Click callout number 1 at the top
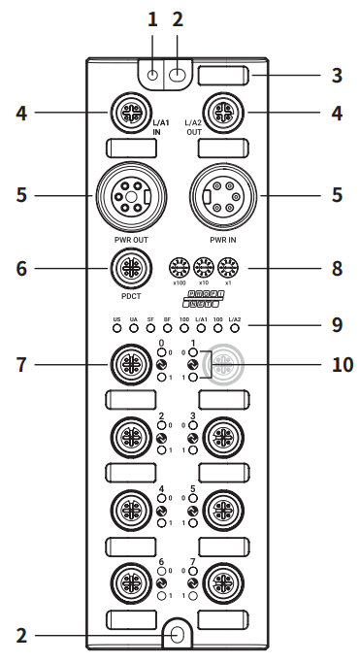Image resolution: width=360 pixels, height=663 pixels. tap(151, 18)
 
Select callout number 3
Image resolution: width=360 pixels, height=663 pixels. tap(337, 74)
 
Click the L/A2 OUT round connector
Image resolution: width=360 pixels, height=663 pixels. tap(222, 112)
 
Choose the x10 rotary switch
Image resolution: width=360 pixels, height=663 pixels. tap(203, 266)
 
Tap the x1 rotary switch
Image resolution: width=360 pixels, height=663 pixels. tap(227, 266)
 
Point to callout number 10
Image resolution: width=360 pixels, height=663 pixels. tap(341, 365)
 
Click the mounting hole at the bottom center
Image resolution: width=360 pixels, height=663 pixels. tap(177, 635)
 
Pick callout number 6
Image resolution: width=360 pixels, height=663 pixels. tap(20, 266)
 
